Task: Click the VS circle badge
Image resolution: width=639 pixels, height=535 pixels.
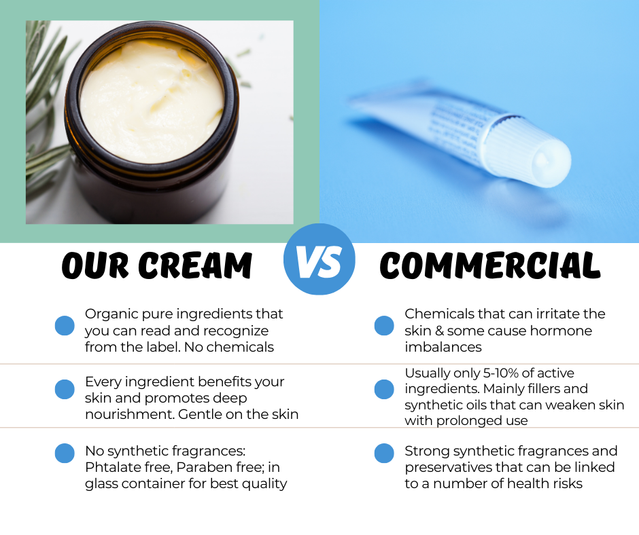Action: [319, 259]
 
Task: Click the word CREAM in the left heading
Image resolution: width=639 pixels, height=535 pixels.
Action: [197, 265]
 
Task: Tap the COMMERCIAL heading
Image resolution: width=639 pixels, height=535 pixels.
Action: [490, 265]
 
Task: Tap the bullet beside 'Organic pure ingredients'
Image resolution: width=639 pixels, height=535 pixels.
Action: [65, 326]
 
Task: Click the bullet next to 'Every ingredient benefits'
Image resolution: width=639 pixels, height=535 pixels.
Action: [65, 389]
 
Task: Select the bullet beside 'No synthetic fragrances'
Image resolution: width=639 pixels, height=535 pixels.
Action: [65, 454]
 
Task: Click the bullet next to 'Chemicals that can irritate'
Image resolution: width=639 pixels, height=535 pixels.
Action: [384, 326]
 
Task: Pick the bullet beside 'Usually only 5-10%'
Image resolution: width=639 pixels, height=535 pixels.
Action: [384, 389]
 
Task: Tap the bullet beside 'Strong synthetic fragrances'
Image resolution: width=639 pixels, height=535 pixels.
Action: [384, 454]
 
